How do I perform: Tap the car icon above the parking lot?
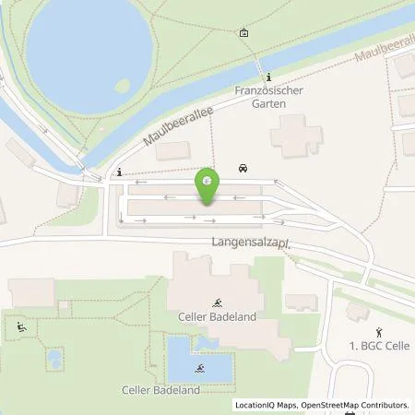(x=243, y=168)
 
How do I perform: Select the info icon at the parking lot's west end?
(x=120, y=171)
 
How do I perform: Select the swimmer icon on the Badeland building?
(x=218, y=302)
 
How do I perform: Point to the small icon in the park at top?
(x=243, y=32)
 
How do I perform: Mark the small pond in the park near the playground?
(x=54, y=357)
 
